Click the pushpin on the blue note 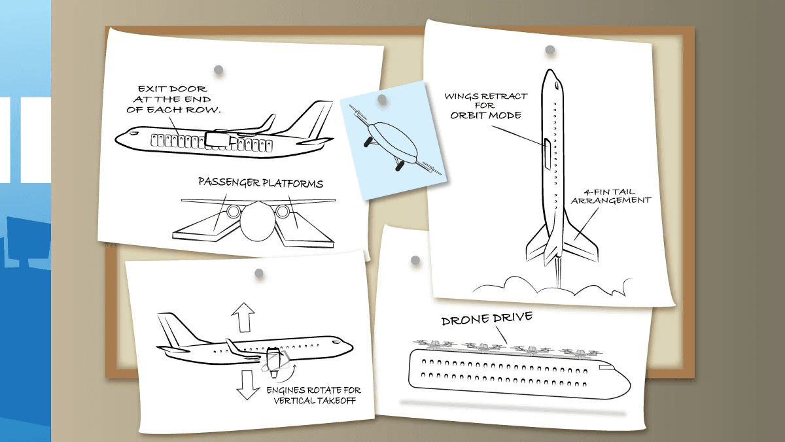pyautogui.click(x=382, y=99)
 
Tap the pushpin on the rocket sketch pyautogui.click(x=550, y=50)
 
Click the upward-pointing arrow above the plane pyautogui.click(x=243, y=317)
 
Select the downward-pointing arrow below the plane pyautogui.click(x=247, y=385)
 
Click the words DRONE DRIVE pyautogui.click(x=487, y=318)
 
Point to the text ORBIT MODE pyautogui.click(x=485, y=115)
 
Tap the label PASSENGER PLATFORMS pyautogui.click(x=260, y=182)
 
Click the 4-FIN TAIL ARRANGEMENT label pyautogui.click(x=610, y=196)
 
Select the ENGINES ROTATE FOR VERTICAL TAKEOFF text pyautogui.click(x=314, y=396)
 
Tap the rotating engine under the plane pyautogui.click(x=274, y=362)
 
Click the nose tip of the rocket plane pyautogui.click(x=551, y=70)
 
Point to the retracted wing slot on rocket pyautogui.click(x=547, y=154)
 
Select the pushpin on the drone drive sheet pyautogui.click(x=415, y=260)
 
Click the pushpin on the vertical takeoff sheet pyautogui.click(x=259, y=273)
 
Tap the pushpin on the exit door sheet pyautogui.click(x=218, y=69)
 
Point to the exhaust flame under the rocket pyautogui.click(x=558, y=273)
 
